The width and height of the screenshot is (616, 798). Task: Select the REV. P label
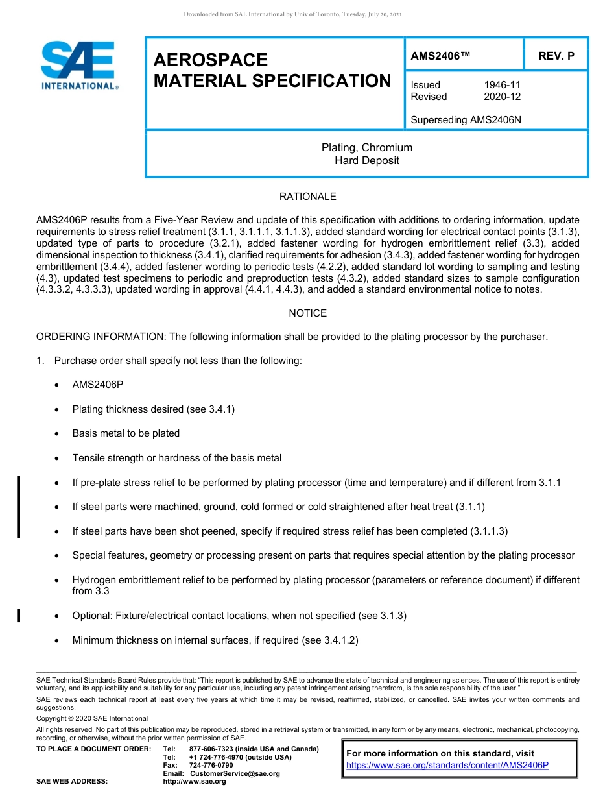pos(556,56)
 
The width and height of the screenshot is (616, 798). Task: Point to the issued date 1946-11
pos(502,85)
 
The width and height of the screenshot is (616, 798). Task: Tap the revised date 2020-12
pos(502,97)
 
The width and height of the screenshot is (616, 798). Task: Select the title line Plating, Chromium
pos(366,148)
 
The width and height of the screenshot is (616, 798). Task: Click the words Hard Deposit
pos(366,160)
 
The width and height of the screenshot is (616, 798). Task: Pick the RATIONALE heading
pos(307,196)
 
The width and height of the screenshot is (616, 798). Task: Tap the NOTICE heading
pos(307,313)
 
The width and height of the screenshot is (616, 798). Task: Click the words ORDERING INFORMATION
pos(101,337)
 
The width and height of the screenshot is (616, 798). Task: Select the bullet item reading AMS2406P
pos(98,385)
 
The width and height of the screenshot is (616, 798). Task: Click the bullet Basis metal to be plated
pos(126,433)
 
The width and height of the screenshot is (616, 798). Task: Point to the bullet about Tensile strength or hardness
pos(176,458)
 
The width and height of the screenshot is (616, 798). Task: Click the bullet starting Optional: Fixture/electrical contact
pos(239,615)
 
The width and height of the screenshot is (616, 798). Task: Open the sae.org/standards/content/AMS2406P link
pos(447,765)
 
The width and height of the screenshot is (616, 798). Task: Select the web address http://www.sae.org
pos(195,782)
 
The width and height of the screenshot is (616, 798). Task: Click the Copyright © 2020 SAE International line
pos(92,718)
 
